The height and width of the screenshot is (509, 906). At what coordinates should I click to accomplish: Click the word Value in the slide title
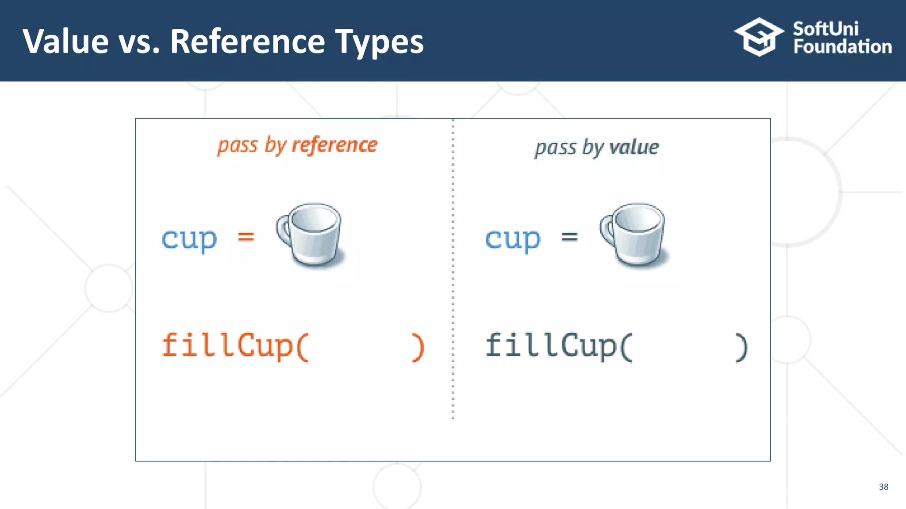point(65,42)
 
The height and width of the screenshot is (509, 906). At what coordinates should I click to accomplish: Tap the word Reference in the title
point(247,42)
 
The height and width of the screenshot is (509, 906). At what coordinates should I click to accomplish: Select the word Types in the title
point(379,42)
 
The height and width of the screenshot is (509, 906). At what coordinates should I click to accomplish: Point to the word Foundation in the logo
point(842,47)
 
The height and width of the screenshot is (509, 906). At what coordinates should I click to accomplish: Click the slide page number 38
point(883,486)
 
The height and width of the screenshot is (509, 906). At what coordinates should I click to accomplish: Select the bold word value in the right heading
point(634,147)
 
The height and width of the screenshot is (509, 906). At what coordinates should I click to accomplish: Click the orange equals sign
point(246,237)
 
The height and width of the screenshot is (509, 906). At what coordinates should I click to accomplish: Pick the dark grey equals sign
point(569,237)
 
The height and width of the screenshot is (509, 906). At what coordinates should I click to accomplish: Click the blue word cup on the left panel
point(189,239)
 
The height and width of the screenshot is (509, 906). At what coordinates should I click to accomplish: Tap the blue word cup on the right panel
point(513,239)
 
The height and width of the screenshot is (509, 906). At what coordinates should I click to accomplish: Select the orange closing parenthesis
point(418,347)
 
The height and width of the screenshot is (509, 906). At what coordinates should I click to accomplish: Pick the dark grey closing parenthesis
point(741,347)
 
